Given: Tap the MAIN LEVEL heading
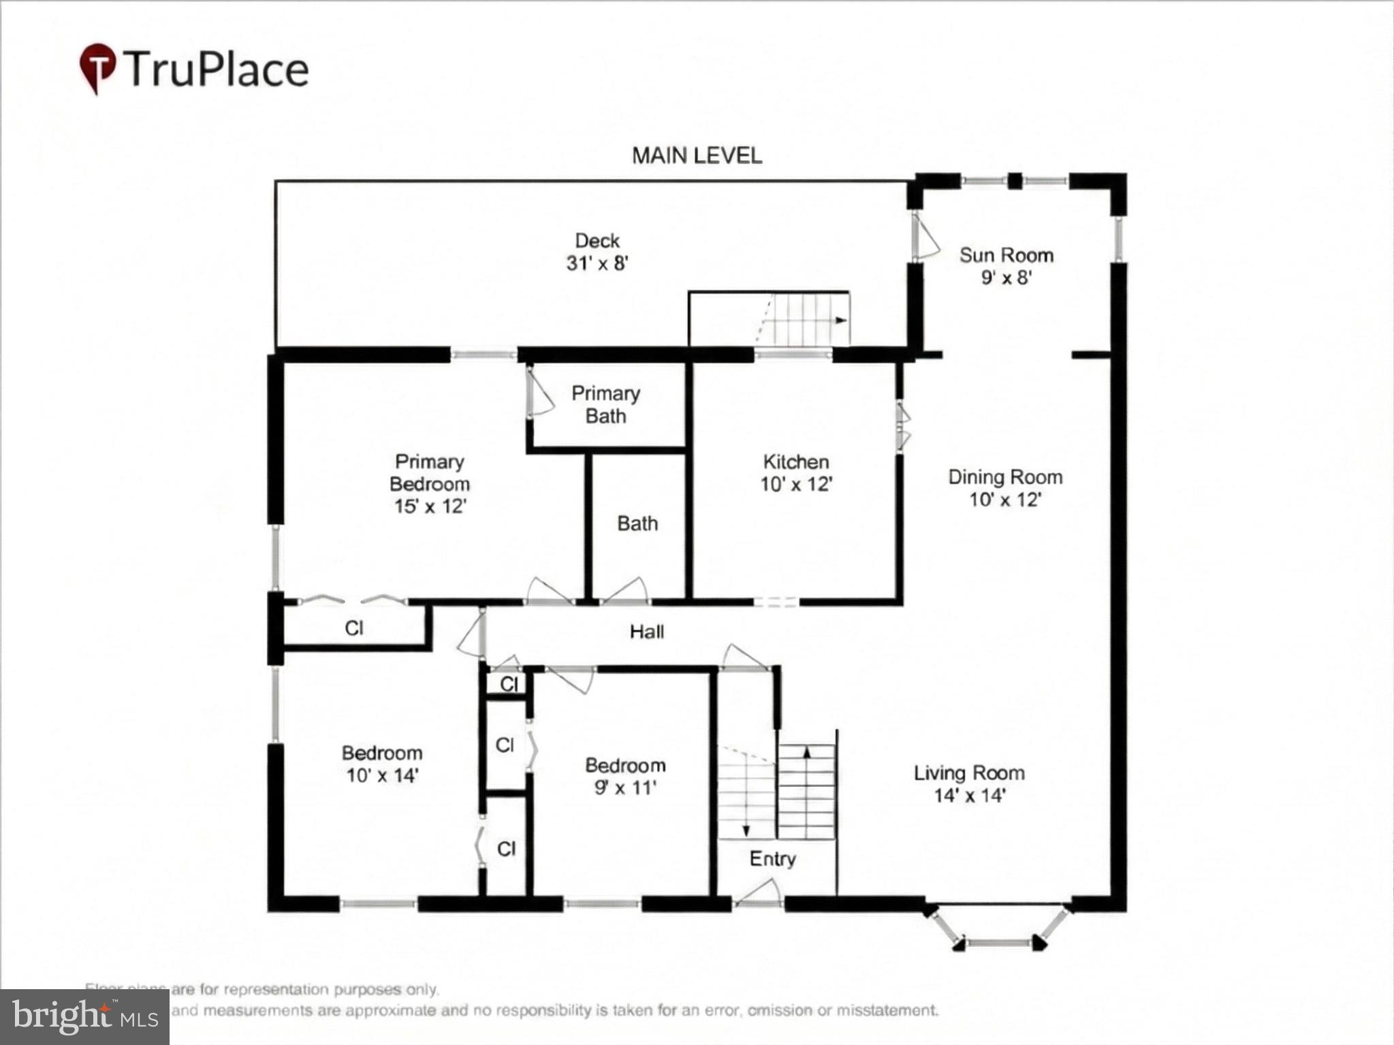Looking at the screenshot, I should coord(697,156).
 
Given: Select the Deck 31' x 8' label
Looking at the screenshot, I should coord(597,252).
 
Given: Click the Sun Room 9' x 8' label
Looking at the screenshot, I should coord(1007,266).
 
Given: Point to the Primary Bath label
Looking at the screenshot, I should coord(605,404).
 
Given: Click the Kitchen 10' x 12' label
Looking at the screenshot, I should coord(796,473).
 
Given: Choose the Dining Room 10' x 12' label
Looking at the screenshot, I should coord(1005,488).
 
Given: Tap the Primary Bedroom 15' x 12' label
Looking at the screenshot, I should coord(430,484).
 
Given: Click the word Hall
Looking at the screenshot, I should coord(646,632).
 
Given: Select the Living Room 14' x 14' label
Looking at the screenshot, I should coord(969,784).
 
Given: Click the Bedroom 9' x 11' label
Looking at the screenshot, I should coord(625,776).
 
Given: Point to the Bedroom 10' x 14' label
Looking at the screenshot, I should coord(382,764).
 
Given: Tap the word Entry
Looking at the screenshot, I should coord(772,858).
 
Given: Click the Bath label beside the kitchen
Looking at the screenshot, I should coord(637,524).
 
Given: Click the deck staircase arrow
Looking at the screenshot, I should coord(842,320).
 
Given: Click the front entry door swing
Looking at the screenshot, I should coord(761,893).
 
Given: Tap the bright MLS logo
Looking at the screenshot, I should coord(84,1017).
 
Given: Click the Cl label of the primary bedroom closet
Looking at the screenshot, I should coord(354,628).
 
